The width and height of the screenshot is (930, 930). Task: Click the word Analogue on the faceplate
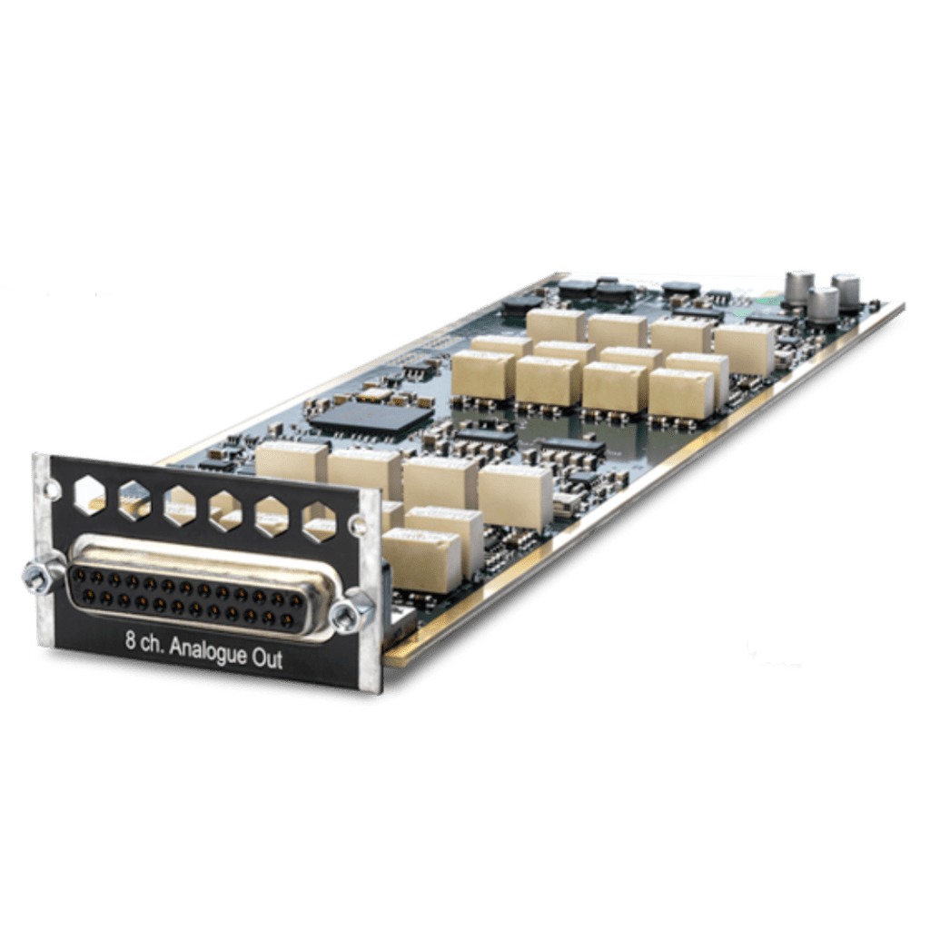coord(207,652)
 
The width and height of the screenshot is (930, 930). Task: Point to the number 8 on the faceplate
coord(130,640)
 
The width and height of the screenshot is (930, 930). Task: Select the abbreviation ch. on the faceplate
coord(152,644)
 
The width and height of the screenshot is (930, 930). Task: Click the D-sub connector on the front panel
coord(199,589)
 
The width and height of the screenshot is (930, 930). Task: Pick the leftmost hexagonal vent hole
coord(90,495)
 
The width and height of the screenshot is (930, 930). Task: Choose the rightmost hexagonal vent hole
coord(319,522)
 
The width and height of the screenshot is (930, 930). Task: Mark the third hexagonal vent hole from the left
coord(180,506)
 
